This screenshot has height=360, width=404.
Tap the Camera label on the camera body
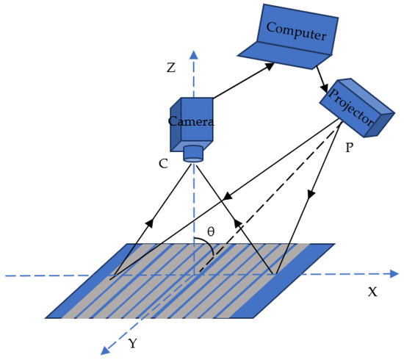click(x=191, y=121)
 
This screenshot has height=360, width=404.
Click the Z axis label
click(x=170, y=68)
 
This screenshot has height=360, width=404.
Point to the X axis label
click(x=372, y=292)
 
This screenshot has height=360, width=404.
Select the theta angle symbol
click(x=211, y=231)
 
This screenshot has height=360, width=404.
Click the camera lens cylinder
click(x=193, y=153)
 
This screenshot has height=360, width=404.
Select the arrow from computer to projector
click(x=320, y=76)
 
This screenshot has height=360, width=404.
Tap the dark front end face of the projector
click(x=382, y=125)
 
